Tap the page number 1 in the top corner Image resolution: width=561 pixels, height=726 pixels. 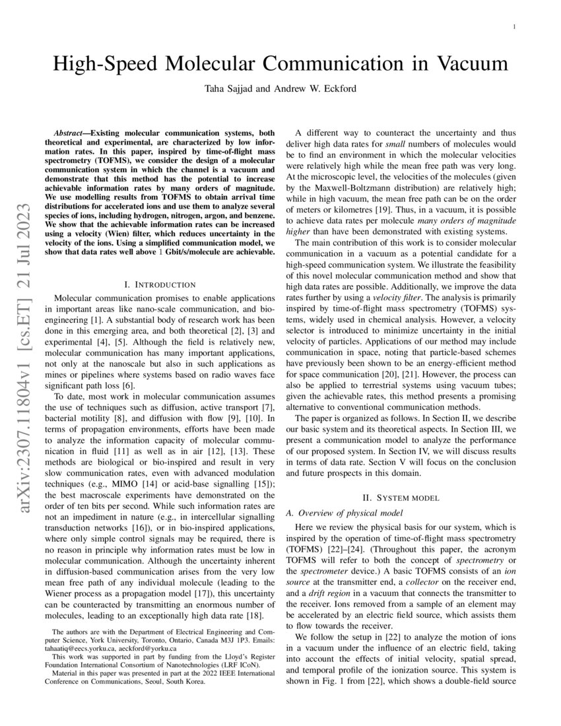point(513,26)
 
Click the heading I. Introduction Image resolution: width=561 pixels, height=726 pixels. point(160,284)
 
